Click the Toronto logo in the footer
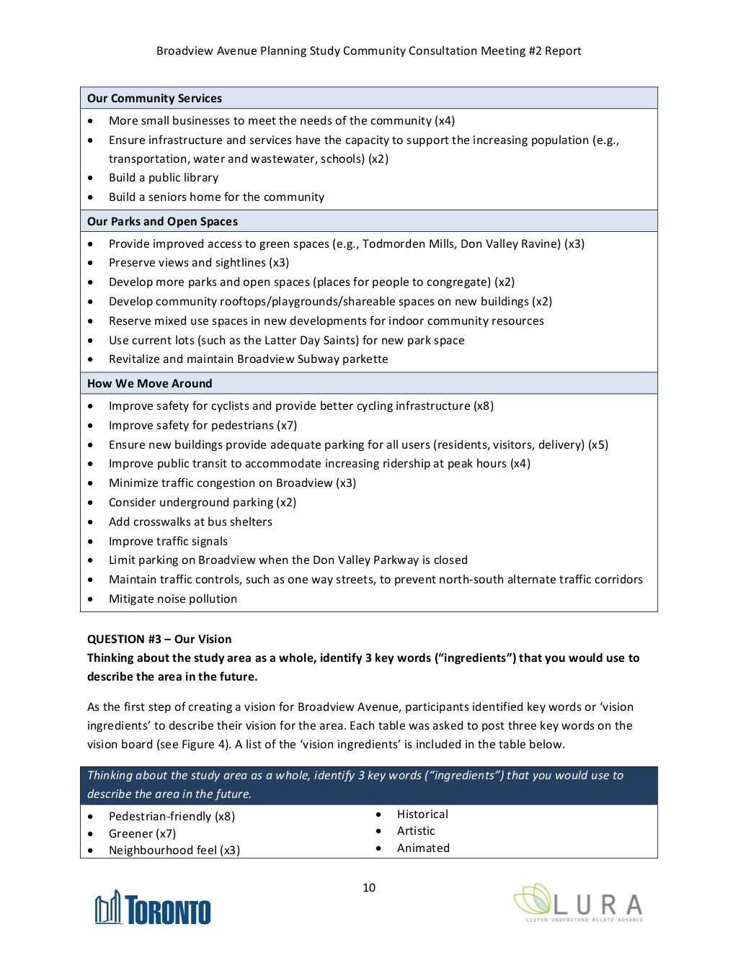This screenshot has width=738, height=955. (x=153, y=908)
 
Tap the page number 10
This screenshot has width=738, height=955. (x=369, y=887)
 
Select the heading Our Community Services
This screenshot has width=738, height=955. (x=154, y=98)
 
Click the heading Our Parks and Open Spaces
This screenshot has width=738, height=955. (x=162, y=221)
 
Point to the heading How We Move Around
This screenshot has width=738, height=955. (x=149, y=383)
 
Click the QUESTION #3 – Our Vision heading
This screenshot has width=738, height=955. (x=159, y=639)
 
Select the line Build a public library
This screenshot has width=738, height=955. (x=164, y=177)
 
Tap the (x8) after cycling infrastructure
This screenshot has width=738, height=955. (x=484, y=405)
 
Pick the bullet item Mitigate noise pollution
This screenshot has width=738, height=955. (x=173, y=598)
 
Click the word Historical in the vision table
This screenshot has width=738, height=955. (x=422, y=814)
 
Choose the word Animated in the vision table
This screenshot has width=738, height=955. (x=423, y=848)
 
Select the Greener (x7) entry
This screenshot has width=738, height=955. (x=142, y=833)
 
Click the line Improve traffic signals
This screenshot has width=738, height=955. (x=168, y=541)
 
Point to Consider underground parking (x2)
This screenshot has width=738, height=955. (x=203, y=502)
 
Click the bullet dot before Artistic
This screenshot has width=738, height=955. (x=378, y=831)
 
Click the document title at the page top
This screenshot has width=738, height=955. (x=369, y=50)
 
